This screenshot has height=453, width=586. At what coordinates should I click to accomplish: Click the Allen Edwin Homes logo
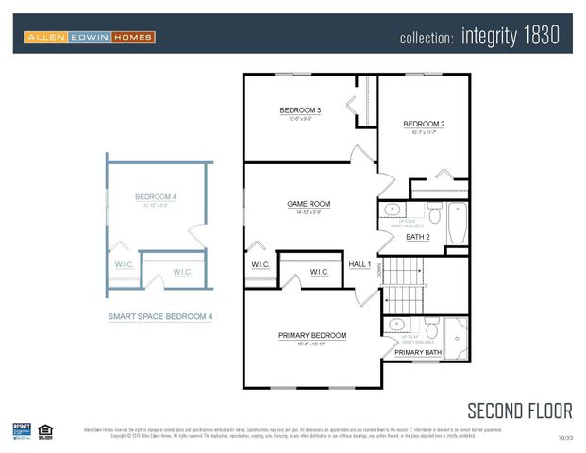(90, 37)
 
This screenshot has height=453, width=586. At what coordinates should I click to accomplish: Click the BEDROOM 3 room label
(300, 110)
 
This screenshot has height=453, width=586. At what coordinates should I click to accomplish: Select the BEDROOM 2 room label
(424, 124)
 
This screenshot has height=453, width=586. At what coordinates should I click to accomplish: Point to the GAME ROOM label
(309, 203)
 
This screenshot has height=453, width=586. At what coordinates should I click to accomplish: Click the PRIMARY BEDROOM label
(311, 335)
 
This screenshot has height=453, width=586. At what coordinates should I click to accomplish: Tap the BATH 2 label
(417, 237)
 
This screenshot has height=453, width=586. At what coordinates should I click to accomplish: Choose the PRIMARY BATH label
(418, 352)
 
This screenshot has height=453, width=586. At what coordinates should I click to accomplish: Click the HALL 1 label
(360, 264)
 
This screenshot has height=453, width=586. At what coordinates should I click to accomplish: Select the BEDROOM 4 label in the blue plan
(156, 196)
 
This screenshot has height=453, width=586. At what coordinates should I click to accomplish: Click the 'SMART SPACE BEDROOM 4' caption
(159, 317)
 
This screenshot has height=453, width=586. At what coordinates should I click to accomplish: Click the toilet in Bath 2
(434, 211)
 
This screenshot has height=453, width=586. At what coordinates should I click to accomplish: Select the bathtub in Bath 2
(456, 222)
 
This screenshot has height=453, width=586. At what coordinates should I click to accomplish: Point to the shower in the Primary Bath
(457, 340)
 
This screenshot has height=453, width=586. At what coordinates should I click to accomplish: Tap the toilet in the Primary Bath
(432, 327)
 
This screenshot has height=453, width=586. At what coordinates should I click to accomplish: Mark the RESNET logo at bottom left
(21, 430)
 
